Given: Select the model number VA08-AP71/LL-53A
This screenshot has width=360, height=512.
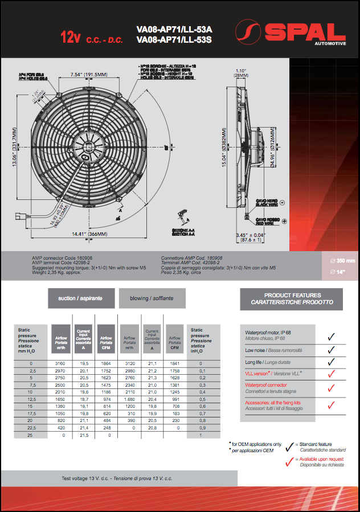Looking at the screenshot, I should click(174, 29).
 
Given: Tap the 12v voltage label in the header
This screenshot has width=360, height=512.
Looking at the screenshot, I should click(71, 38).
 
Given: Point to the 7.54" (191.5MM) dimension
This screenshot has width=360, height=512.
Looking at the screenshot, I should click(88, 75).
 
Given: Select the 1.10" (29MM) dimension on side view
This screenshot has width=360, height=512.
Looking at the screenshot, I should click(241, 73).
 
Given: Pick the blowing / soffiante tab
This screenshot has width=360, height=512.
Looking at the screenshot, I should click(152, 298).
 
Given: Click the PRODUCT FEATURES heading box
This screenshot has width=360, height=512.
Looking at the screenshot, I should click(292, 298).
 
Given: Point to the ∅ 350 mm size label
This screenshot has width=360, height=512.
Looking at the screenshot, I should click(342, 261).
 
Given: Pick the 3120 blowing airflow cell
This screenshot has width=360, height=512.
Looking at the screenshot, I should click(129, 363).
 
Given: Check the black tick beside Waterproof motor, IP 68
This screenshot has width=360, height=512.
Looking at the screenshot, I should click(331, 335).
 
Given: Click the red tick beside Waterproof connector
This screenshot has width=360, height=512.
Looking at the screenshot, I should click(331, 387).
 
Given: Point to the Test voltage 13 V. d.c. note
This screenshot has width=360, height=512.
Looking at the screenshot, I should click(117, 478).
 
